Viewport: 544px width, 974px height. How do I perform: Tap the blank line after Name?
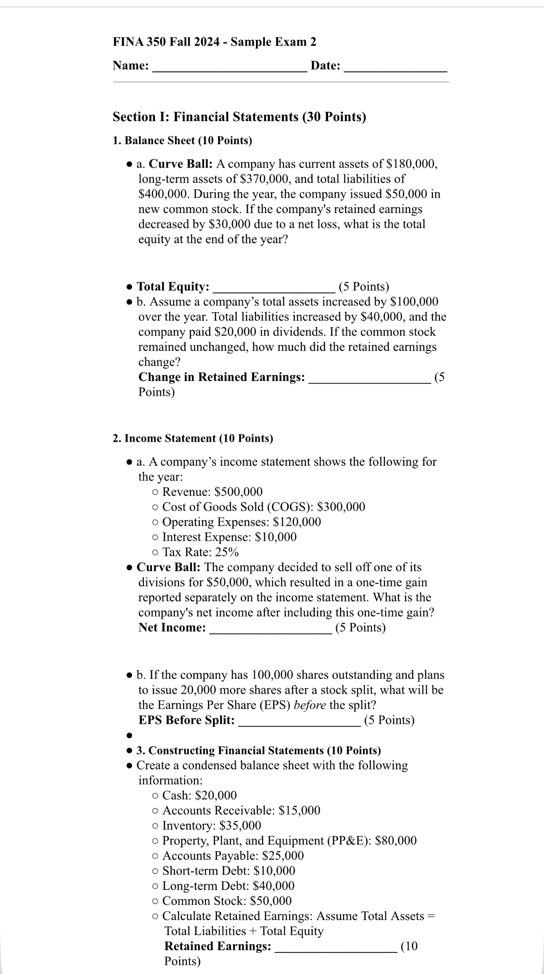tap(229, 67)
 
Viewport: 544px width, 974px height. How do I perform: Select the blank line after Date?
tap(396, 67)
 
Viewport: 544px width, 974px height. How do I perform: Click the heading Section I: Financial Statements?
tap(239, 117)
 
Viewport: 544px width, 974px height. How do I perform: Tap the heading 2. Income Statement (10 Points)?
tap(193, 438)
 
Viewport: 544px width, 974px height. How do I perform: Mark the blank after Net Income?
tap(270, 629)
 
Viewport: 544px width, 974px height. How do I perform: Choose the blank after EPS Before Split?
tap(299, 721)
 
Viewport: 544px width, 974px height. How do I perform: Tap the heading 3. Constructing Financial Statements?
tap(259, 750)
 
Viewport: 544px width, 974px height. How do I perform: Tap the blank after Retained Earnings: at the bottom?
tap(336, 947)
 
